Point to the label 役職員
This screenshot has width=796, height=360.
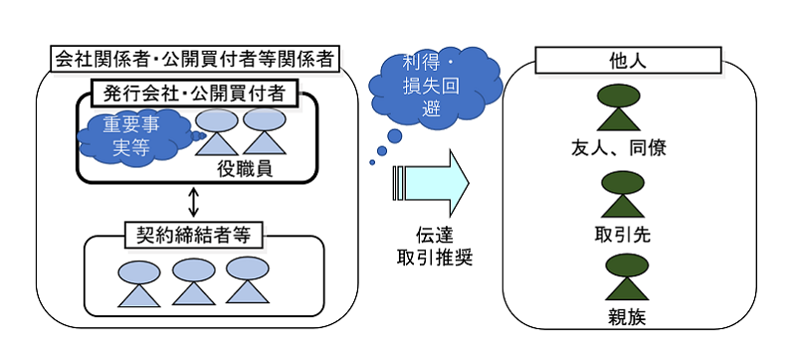coord(245,169)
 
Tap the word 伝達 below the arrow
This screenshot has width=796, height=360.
coord(435,236)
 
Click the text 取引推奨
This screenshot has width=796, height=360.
coord(435,259)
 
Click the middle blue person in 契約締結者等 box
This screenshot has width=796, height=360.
coord(192,281)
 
